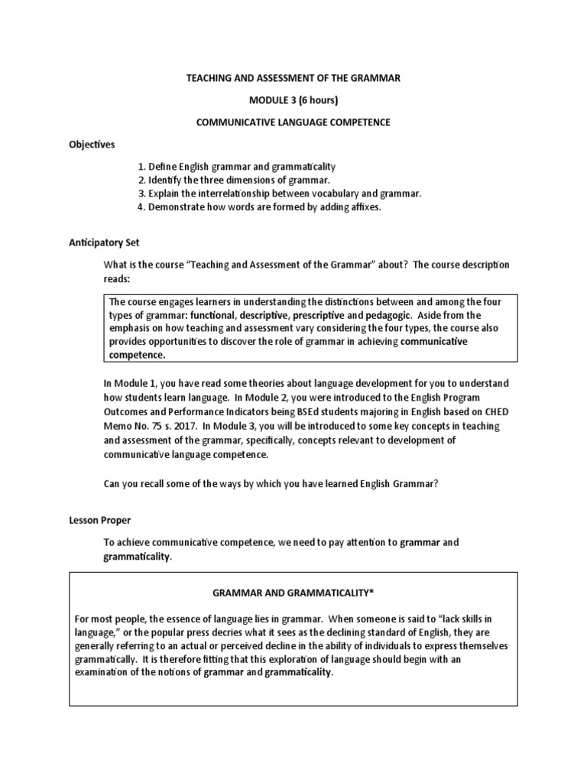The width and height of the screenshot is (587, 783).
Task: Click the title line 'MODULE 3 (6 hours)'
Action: coord(293,99)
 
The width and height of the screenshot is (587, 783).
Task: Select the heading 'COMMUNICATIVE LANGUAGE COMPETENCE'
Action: coord(293,122)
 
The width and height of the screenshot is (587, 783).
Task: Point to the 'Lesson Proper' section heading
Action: coord(99,520)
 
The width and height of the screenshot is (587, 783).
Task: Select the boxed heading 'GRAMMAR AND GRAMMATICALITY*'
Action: coord(293,593)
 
